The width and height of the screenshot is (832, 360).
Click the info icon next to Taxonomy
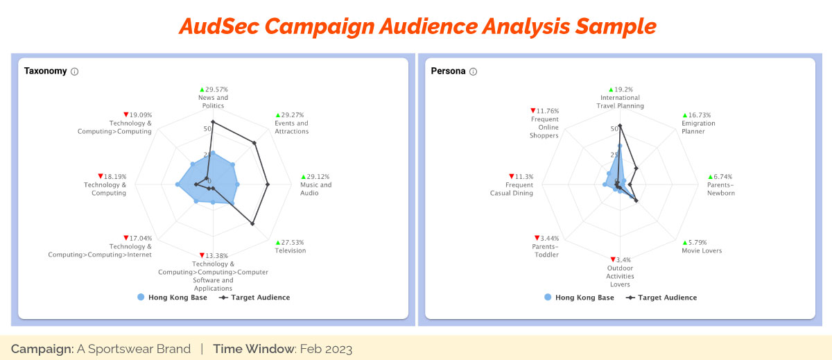click(x=75, y=71)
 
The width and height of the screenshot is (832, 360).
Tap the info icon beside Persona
click(x=473, y=71)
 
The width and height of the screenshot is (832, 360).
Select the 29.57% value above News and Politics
click(x=216, y=89)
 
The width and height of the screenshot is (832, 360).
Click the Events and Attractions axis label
click(x=292, y=127)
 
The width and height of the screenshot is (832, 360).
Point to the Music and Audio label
click(x=315, y=189)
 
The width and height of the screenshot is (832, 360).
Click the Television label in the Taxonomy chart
click(x=291, y=250)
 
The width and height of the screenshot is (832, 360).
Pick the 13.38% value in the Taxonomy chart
click(x=216, y=255)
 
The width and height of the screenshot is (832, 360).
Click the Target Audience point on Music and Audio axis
click(x=268, y=184)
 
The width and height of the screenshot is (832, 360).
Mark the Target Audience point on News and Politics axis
click(x=213, y=122)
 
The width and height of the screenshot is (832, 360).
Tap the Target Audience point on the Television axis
click(x=252, y=223)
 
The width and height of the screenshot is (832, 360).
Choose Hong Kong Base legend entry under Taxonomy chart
click(x=173, y=297)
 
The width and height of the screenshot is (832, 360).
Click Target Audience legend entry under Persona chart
click(x=661, y=297)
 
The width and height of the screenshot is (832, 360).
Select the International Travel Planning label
click(x=621, y=101)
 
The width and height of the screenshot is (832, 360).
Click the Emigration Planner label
click(x=698, y=127)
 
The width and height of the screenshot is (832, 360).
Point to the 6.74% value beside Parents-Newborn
click(x=722, y=176)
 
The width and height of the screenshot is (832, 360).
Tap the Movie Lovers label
click(x=702, y=250)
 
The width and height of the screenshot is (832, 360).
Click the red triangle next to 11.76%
click(x=533, y=110)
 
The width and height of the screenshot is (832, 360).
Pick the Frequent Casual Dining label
click(x=512, y=189)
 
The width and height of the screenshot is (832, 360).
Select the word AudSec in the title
click(x=219, y=27)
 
